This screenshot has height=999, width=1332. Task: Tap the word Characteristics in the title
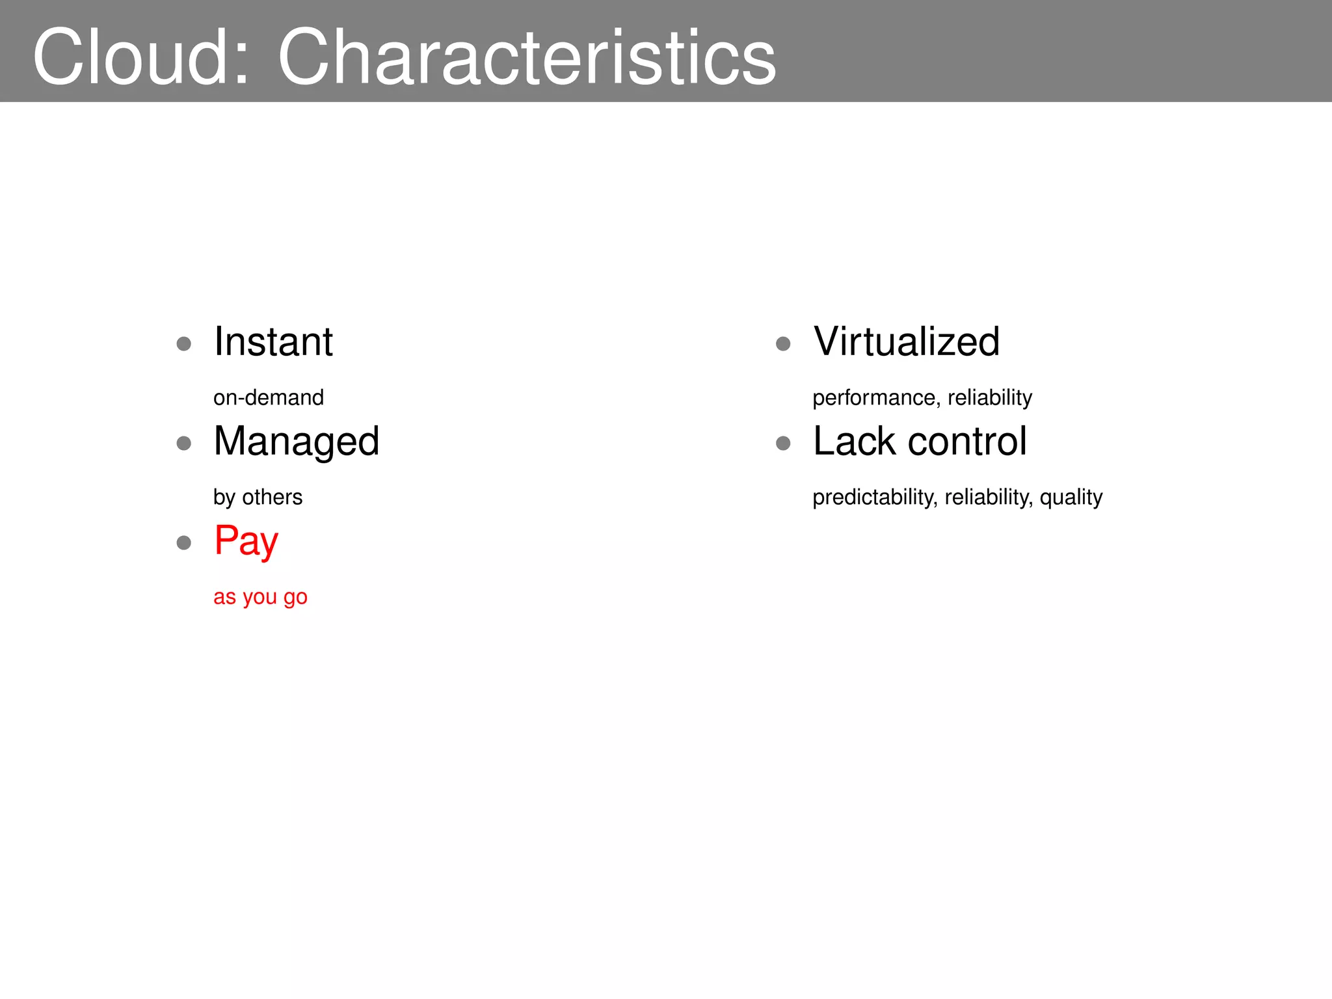pyautogui.click(x=527, y=57)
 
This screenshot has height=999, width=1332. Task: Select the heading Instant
pyautogui.click(x=273, y=341)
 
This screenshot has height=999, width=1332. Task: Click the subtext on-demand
pyautogui.click(x=269, y=397)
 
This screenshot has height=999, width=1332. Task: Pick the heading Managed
pyautogui.click(x=297, y=442)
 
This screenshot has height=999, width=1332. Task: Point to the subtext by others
pyautogui.click(x=258, y=497)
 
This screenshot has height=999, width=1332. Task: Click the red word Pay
pyautogui.click(x=246, y=541)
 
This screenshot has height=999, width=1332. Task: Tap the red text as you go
pyautogui.click(x=260, y=596)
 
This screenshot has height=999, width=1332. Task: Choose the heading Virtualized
pyautogui.click(x=907, y=341)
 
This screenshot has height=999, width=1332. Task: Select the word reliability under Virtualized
pyautogui.click(x=990, y=397)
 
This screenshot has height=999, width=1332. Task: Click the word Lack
pyautogui.click(x=855, y=442)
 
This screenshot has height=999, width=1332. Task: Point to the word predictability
pyautogui.click(x=875, y=497)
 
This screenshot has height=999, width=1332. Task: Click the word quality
pyautogui.click(x=1071, y=497)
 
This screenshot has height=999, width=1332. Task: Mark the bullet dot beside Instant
pyautogui.click(x=184, y=343)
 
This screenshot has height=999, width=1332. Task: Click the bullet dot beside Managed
pyautogui.click(x=184, y=444)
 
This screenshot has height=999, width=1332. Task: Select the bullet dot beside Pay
pyautogui.click(x=184, y=542)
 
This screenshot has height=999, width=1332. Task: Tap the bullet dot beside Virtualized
pyautogui.click(x=783, y=343)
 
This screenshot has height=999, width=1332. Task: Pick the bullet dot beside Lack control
pyautogui.click(x=783, y=444)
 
